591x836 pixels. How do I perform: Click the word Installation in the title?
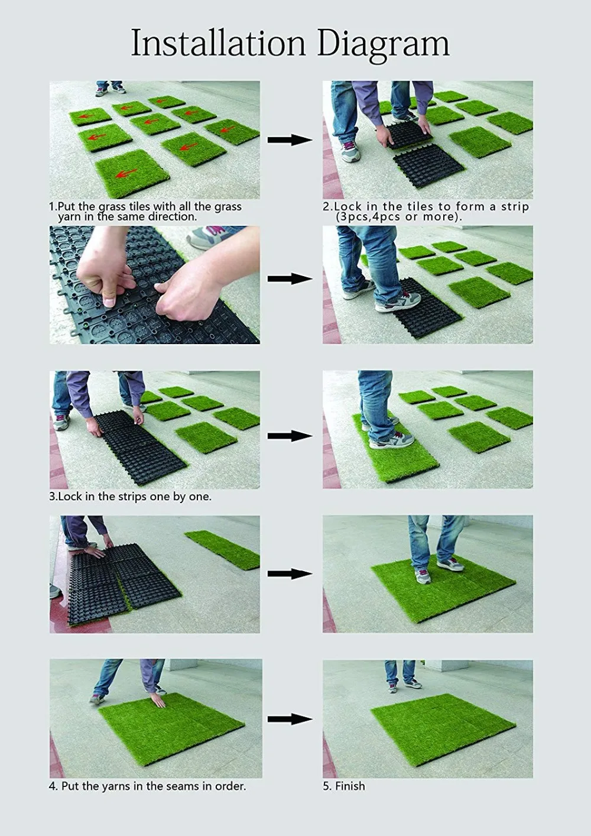coord(219,44)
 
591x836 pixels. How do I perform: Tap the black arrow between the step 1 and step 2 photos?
coord(290,140)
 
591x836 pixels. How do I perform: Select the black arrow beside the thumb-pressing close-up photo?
coord(290,279)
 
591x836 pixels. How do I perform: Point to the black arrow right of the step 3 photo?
coord(290,436)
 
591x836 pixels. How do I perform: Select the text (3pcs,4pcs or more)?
coord(398,217)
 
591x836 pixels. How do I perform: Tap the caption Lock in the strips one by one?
coord(130,497)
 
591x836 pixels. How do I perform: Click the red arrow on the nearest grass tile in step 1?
coord(124,174)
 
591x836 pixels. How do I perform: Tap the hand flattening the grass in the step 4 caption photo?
coord(158,699)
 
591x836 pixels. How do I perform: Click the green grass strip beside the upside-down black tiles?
coord(223,549)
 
